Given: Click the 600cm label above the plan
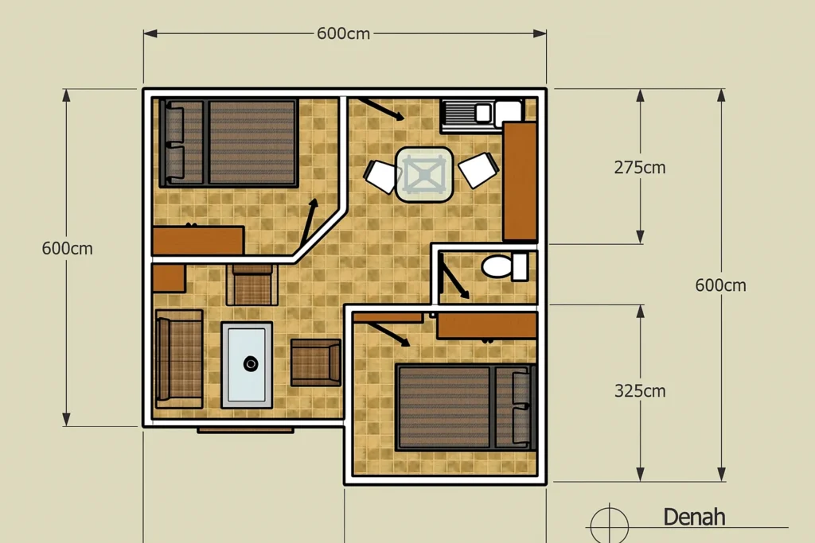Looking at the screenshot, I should coord(343,33).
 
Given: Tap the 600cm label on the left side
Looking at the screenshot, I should coord(67,248).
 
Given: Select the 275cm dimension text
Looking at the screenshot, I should coord(640,168).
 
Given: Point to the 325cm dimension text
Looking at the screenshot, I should coord(640,391).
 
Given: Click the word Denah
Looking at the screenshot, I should coord(694,517).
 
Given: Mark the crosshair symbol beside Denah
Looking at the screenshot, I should coord(608,525).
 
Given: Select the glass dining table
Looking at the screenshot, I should coord(424,174).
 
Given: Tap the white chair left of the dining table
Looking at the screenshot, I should coord(383,176).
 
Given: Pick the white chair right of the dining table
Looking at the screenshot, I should coord(479,169).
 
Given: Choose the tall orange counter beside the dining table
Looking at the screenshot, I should coord(520,180).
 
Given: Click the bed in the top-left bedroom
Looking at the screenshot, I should coord(228,142).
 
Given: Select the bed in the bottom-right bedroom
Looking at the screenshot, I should coord(465,407).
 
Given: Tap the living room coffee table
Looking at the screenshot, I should coord(247,364).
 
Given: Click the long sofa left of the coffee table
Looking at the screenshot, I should coord(178,358).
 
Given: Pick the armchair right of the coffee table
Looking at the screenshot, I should coord(316,363).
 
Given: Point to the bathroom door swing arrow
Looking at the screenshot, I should coord(454,281).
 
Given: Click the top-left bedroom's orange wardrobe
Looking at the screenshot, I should coord(197,240).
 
